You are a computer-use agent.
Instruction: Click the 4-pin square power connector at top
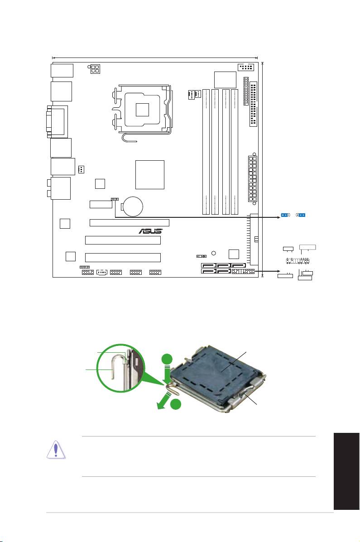coord(94,69)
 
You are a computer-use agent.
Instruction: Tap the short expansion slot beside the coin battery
coord(101,205)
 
